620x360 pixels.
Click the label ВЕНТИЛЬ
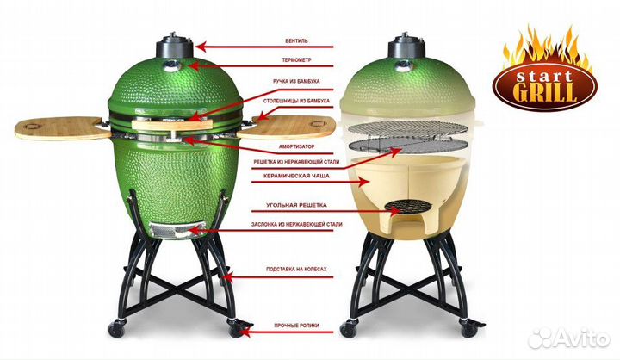click(296, 40)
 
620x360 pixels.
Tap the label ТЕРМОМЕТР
click(296, 60)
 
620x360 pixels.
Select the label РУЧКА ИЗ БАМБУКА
click(296, 82)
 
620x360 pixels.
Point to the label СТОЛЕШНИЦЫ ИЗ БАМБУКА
click(296, 102)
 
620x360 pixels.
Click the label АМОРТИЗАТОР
click(296, 146)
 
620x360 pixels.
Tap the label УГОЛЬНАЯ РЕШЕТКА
click(296, 205)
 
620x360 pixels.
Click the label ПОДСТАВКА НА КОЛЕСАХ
click(296, 269)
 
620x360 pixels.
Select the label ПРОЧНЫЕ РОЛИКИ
click(296, 326)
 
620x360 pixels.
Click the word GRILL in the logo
click(544, 92)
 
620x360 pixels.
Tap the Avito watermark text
click(577, 339)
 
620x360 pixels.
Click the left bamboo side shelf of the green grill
click(63, 127)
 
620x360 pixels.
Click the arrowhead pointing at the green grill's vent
click(201, 47)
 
